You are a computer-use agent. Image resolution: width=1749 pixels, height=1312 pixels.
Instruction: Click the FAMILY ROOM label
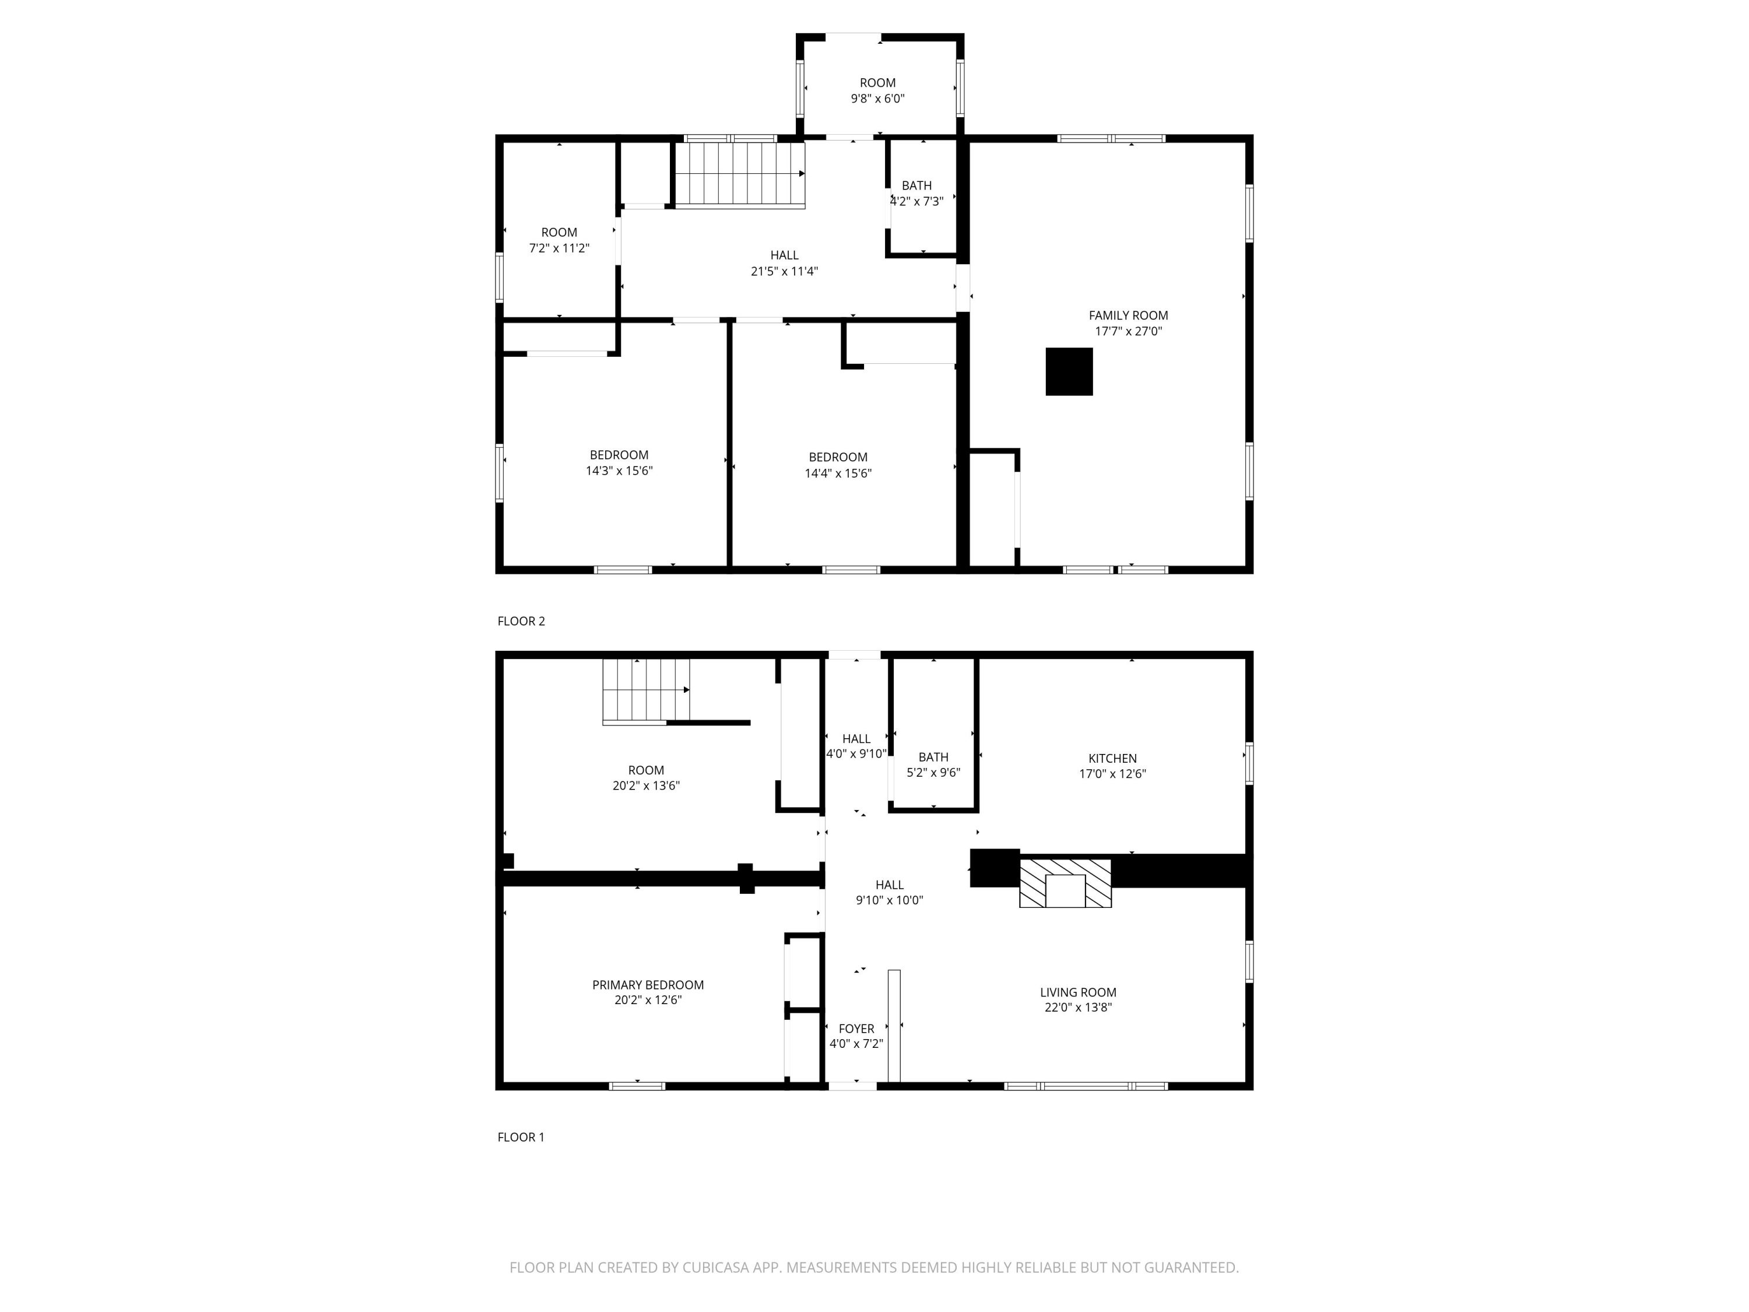click(x=1128, y=315)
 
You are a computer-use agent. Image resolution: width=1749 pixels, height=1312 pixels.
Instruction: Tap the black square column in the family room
click(x=1069, y=371)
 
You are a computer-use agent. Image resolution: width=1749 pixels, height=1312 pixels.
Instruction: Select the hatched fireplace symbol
click(x=1065, y=883)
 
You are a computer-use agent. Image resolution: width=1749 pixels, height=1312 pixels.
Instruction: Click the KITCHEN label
click(x=1112, y=759)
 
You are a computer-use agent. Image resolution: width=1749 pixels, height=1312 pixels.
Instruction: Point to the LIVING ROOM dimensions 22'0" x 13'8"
click(x=1079, y=1008)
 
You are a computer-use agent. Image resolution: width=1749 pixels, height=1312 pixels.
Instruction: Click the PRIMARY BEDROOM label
click(x=648, y=985)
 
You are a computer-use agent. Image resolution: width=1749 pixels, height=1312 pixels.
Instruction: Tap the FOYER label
click(x=856, y=1029)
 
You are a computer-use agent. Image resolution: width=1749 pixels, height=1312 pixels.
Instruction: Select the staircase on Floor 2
click(x=739, y=175)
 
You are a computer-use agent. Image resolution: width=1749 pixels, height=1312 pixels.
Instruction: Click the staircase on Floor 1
click(x=646, y=691)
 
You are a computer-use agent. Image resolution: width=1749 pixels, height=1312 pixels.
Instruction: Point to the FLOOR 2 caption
click(x=521, y=622)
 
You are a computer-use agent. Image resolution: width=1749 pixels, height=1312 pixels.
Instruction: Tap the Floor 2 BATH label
click(x=916, y=186)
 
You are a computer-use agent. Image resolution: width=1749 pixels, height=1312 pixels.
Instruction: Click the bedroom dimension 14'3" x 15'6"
click(x=619, y=471)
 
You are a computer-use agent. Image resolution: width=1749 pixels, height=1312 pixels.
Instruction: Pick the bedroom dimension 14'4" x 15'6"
click(x=838, y=473)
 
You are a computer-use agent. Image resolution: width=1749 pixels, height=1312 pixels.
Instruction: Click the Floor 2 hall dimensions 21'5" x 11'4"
click(x=784, y=271)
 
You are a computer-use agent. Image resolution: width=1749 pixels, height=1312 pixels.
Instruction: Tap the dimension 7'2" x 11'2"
click(x=559, y=248)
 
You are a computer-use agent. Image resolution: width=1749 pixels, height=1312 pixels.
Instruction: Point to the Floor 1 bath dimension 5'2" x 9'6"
click(x=934, y=773)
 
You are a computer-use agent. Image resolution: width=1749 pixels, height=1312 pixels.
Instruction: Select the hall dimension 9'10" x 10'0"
click(x=890, y=900)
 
